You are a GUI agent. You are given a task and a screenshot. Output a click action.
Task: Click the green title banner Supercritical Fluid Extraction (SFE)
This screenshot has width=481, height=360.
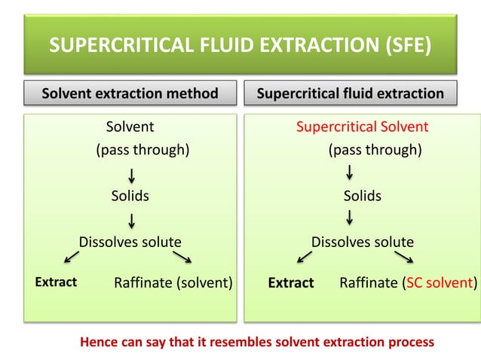click(x=240, y=49)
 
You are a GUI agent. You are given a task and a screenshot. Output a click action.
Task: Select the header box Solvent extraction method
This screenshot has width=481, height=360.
click(x=130, y=94)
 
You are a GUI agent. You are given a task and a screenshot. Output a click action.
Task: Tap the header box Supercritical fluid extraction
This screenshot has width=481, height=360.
click(x=360, y=94)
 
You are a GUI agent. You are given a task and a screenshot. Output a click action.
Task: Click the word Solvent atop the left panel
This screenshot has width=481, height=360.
click(x=130, y=127)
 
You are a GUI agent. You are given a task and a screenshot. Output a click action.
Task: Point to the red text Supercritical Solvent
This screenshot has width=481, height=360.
click(x=362, y=127)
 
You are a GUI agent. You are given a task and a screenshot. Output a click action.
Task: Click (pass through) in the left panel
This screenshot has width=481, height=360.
click(x=141, y=149)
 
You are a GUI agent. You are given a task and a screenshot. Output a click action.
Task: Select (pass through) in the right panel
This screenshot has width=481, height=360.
click(x=375, y=149)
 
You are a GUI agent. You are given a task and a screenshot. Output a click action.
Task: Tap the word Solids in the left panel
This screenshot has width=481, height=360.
click(x=130, y=196)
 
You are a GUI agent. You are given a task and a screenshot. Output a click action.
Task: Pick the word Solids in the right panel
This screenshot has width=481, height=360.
click(x=363, y=196)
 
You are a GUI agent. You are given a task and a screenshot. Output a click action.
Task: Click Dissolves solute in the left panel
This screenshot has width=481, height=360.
click(x=130, y=242)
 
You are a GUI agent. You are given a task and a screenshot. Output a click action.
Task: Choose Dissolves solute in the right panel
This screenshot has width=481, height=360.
click(x=363, y=242)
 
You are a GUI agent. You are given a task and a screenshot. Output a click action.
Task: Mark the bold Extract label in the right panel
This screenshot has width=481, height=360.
click(x=291, y=283)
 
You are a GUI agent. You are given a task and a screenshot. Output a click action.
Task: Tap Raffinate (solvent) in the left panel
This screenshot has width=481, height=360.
click(x=173, y=283)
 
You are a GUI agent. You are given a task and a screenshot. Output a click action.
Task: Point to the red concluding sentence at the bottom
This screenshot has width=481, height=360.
click(x=257, y=341)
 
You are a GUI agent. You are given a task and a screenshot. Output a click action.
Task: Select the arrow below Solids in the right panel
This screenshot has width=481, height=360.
click(x=350, y=219)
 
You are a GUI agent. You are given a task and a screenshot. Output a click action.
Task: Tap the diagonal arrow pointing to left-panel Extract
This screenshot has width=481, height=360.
click(x=72, y=258)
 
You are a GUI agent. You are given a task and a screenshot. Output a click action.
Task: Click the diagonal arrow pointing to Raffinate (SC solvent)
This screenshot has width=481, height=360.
click(x=403, y=258)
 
